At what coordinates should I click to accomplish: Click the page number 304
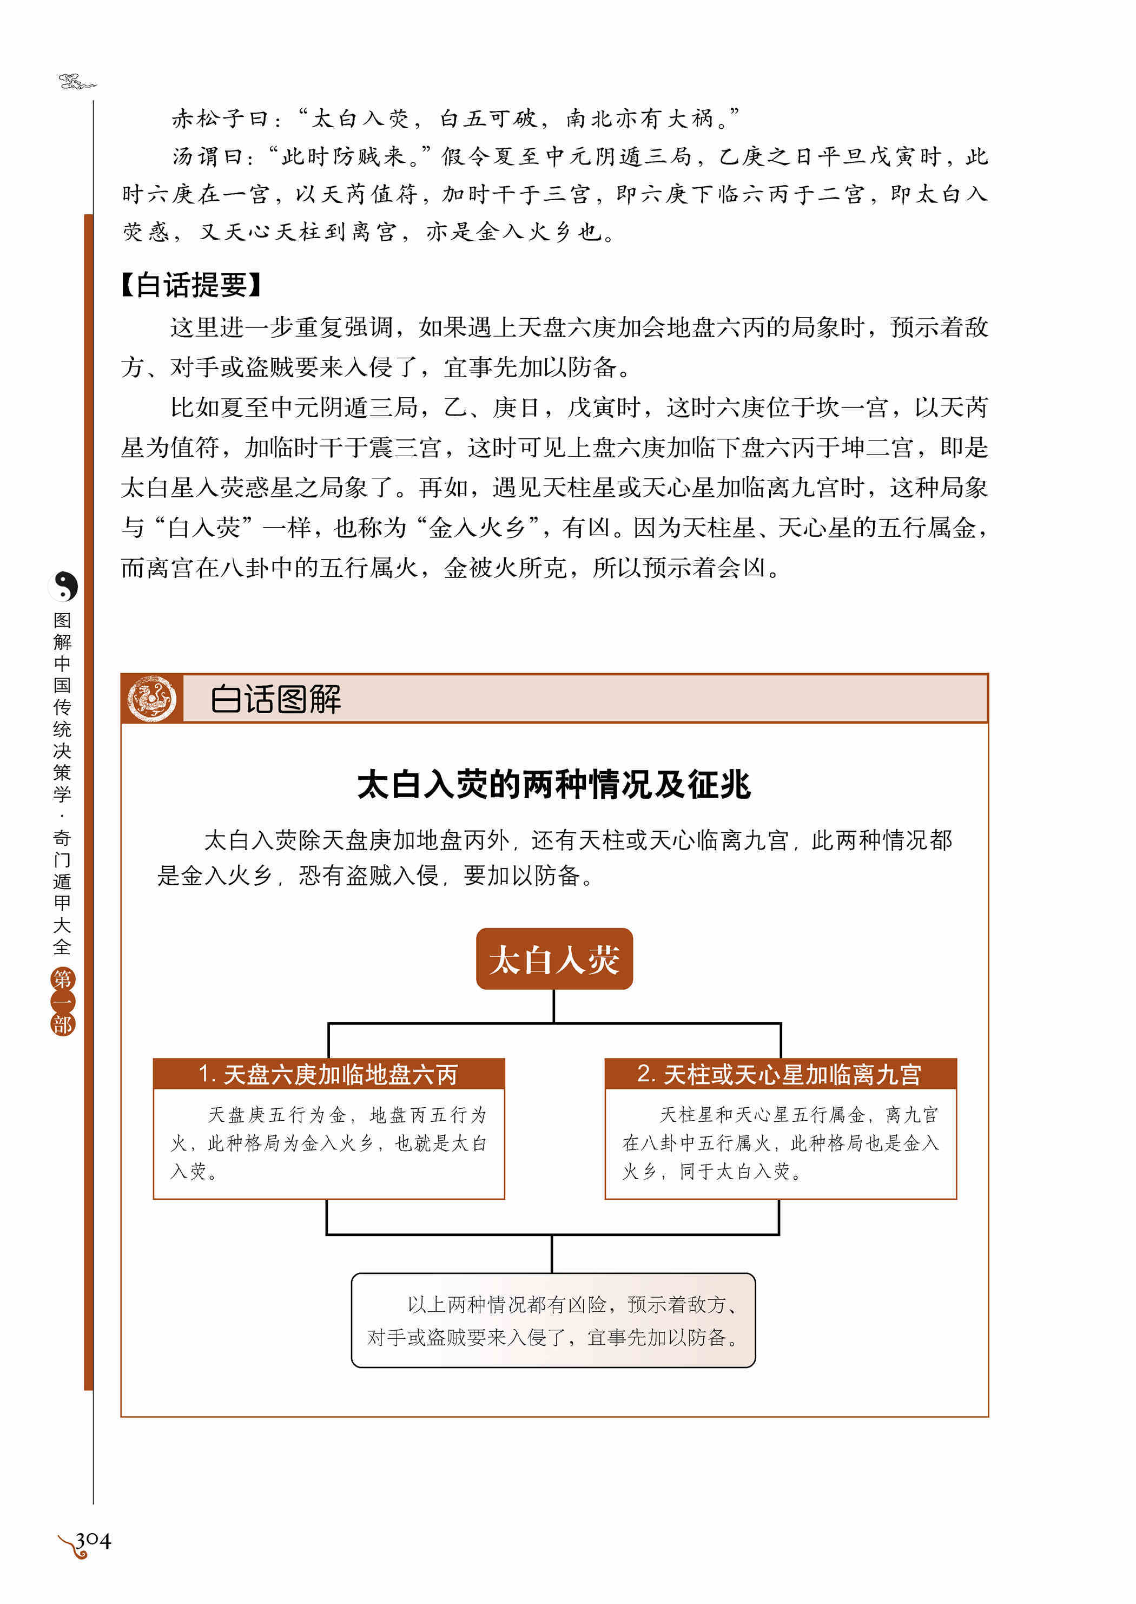coord(93,1540)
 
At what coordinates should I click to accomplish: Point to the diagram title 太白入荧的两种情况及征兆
coord(554,785)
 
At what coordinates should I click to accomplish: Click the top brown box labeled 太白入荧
coord(554,959)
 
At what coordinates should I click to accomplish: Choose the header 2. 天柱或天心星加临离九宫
coord(780,1074)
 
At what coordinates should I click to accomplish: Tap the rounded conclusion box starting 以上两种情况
coord(553,1320)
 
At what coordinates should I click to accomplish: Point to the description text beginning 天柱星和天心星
coord(780,1143)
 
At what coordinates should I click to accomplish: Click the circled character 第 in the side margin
coord(62,979)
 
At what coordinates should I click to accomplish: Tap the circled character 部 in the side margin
coord(62,1024)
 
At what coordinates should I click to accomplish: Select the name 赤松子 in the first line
coord(209,119)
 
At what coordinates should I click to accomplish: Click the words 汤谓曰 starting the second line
coord(210,157)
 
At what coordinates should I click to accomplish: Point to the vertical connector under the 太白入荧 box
coord(554,1005)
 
